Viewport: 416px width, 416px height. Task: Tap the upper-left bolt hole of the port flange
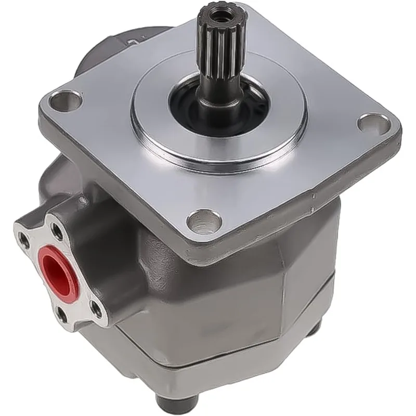click(24, 239)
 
